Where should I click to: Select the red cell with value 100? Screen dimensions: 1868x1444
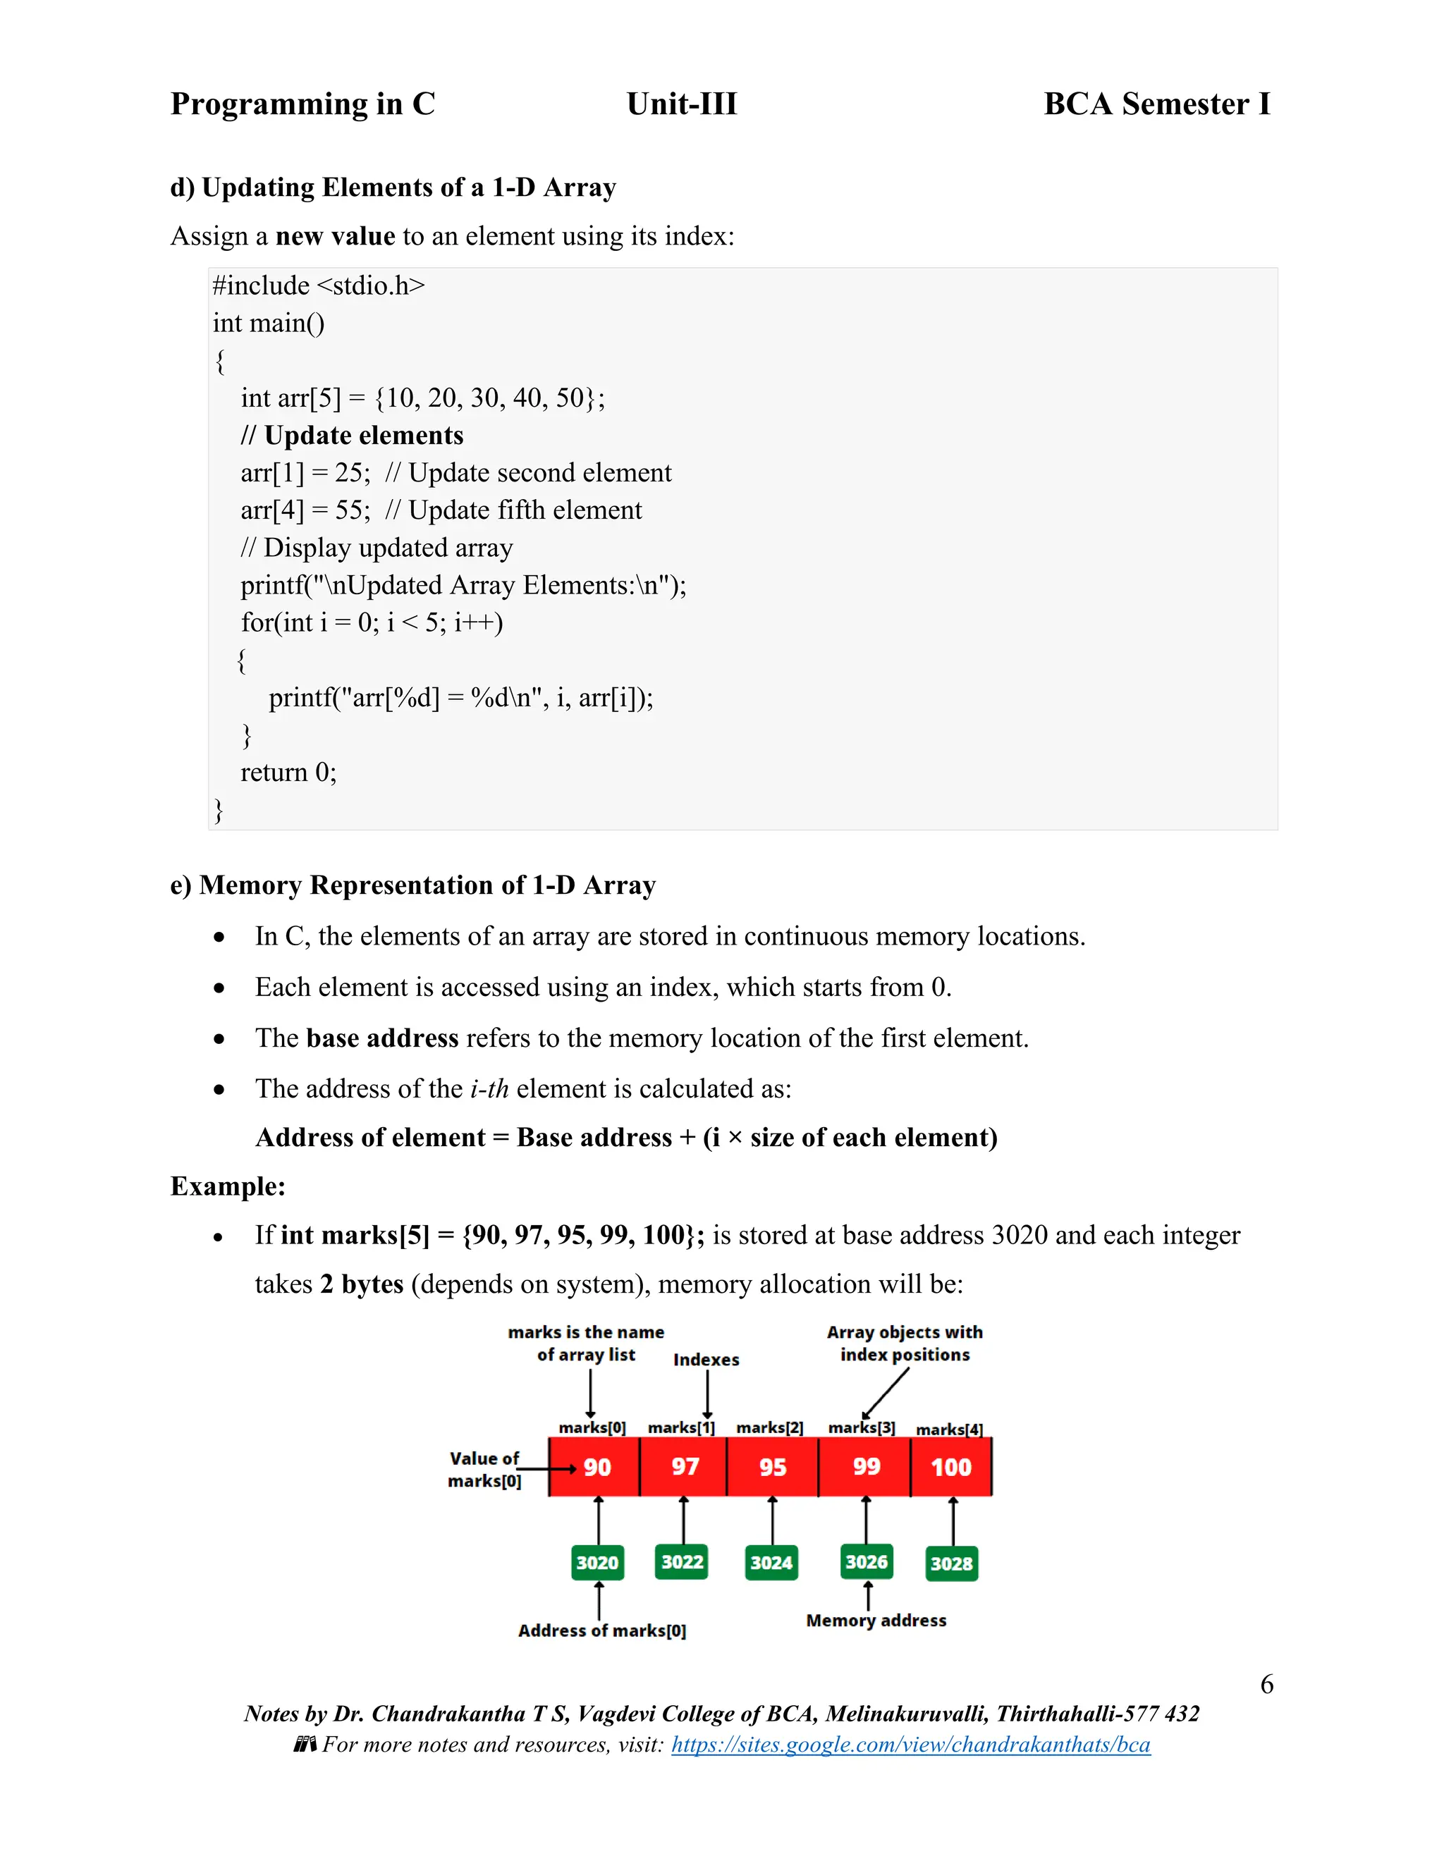point(950,1467)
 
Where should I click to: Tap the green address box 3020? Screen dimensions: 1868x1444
point(597,1563)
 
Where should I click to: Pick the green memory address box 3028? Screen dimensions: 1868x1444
point(951,1563)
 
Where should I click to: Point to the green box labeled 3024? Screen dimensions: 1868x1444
point(771,1563)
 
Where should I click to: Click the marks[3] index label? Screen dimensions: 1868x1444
point(862,1427)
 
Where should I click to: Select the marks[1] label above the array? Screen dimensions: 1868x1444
point(681,1427)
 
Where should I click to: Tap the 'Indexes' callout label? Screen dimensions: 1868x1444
point(706,1360)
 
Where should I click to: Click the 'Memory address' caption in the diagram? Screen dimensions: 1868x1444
point(876,1620)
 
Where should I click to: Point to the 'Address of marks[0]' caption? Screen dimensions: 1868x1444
point(601,1630)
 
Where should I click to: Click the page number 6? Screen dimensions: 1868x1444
point(1266,1684)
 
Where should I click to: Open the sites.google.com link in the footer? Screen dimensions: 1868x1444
point(910,1744)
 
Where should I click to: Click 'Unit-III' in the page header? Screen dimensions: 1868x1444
point(681,104)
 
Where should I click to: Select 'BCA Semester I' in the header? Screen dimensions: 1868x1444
point(1156,104)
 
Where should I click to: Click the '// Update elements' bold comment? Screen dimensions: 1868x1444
point(352,436)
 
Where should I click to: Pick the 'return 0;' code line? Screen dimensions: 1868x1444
point(288,773)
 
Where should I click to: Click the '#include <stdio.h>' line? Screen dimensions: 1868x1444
point(318,285)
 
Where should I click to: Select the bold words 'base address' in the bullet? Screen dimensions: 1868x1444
point(382,1038)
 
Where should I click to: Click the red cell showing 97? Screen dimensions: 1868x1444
point(685,1467)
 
